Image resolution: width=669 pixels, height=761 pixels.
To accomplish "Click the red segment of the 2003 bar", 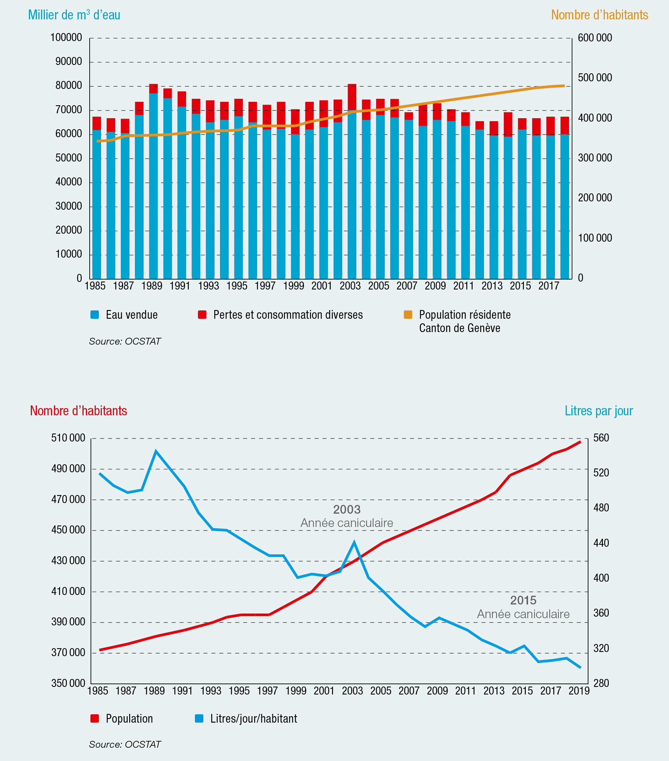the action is tap(352, 97).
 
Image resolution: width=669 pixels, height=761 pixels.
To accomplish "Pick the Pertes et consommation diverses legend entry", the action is tap(280, 315).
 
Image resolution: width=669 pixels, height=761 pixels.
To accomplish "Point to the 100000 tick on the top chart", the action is tap(66, 38).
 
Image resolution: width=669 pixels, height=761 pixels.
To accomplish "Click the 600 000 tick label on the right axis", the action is tap(595, 38).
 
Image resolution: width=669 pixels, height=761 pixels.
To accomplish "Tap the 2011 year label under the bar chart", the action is tap(463, 286).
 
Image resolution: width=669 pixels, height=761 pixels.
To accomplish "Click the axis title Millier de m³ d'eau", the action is tap(74, 15).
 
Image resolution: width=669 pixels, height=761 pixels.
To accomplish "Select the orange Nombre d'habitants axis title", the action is tap(599, 15).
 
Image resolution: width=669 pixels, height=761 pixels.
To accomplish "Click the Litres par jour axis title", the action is tap(599, 411).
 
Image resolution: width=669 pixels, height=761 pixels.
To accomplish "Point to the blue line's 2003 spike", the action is tap(354, 543).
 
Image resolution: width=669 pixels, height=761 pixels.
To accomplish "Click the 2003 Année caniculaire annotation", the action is tap(347, 516).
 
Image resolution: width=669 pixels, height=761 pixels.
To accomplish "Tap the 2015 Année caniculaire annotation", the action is tap(523, 607).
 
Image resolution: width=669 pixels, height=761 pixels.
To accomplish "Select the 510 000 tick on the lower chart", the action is tap(68, 438).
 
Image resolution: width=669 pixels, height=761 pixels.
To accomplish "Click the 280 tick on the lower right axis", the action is tap(601, 683).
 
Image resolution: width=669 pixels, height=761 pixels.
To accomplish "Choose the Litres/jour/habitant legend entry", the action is tap(246, 719).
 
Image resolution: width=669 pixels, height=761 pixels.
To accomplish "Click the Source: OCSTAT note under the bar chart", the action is tap(125, 341).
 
